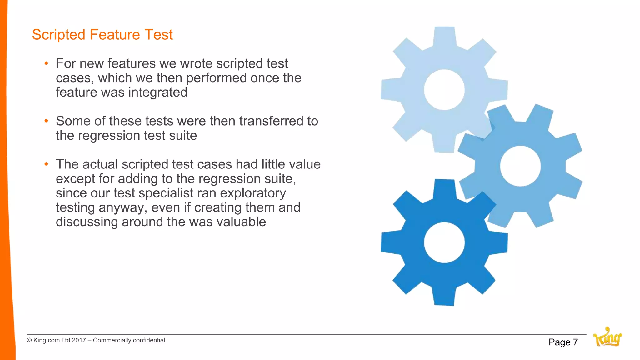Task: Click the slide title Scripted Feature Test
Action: tap(102, 35)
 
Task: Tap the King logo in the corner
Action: tap(607, 337)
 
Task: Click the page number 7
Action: tap(575, 342)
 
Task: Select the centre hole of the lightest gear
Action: tap(444, 90)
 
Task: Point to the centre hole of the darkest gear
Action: tap(444, 242)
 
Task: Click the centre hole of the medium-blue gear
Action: tap(520, 166)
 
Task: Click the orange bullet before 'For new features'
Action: tap(46, 63)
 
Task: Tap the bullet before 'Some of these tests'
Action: tap(46, 121)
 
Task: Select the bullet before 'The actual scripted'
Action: tap(46, 164)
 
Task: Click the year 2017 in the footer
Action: tap(79, 340)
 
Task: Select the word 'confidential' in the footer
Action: tap(149, 340)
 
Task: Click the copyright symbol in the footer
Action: tap(29, 340)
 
